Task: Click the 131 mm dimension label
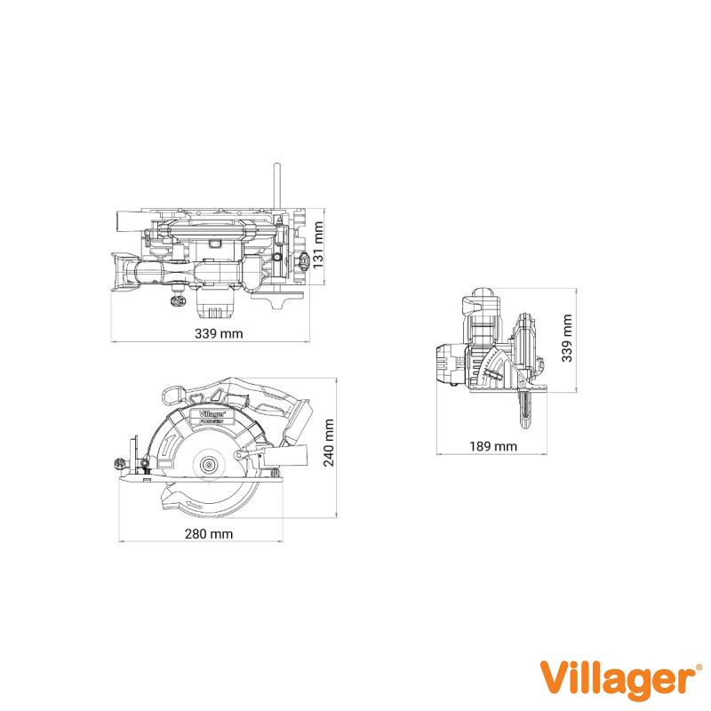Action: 319,245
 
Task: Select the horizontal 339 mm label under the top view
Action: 219,334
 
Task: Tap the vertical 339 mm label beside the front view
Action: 567,339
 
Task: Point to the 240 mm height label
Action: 329,443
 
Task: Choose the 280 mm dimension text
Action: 209,534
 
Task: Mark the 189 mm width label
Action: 493,446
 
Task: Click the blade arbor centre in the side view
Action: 209,465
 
